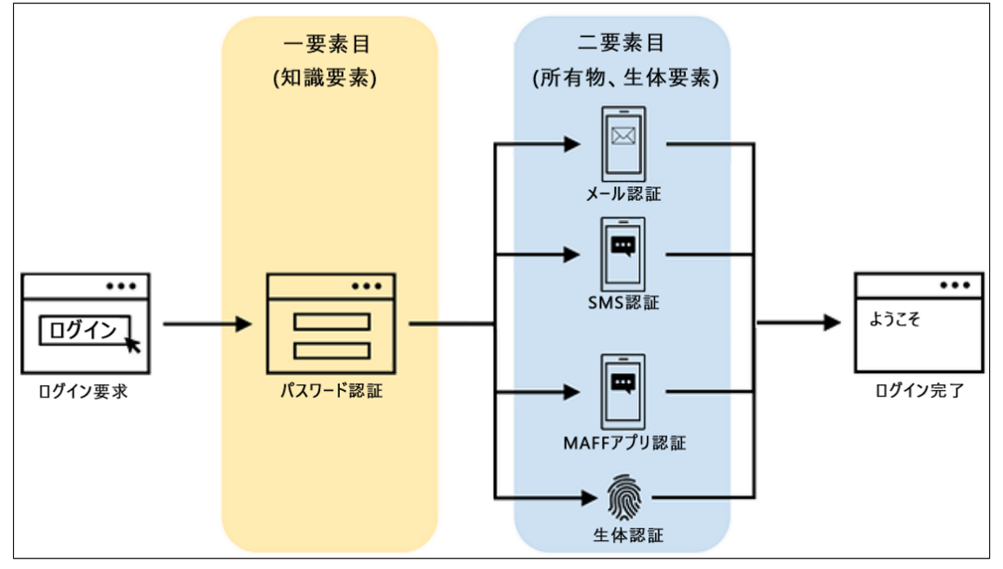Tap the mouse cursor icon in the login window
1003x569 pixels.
tap(132, 344)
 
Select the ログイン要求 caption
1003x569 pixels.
tap(84, 392)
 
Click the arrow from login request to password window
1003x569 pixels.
tap(207, 324)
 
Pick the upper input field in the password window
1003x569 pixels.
tap(331, 322)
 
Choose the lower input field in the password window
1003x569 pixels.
tap(331, 350)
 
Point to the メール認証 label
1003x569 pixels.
tap(623, 194)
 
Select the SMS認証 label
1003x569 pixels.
tap(623, 303)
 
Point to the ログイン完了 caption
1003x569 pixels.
tap(919, 392)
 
